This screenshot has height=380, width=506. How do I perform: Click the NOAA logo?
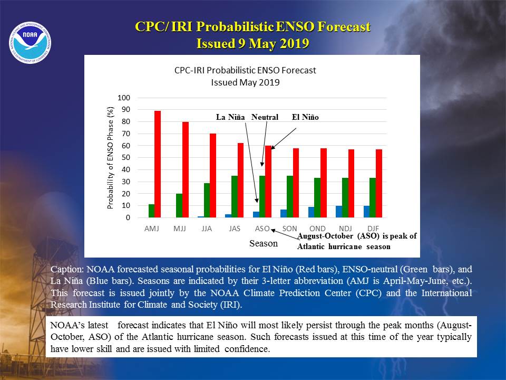coord(30,43)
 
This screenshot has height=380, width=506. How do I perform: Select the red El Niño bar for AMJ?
coord(158,164)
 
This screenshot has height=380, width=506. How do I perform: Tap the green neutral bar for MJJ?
coord(179,205)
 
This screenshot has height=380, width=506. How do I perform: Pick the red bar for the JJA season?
coord(213,175)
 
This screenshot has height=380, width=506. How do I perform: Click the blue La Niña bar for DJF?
coord(367,212)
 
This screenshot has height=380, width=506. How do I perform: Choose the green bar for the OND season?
coord(317,198)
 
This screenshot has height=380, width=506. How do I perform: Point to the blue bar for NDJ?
coord(339,212)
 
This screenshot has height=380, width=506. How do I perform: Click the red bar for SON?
coord(296,183)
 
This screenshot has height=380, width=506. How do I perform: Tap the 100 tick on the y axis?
coord(124,98)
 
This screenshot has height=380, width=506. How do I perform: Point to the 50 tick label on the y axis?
coord(126,158)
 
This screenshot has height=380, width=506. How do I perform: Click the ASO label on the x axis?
coord(262,229)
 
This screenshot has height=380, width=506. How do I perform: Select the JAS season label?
coord(235,229)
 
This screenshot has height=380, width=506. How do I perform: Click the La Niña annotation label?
coord(230,117)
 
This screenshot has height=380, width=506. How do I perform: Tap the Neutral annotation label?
coord(265,117)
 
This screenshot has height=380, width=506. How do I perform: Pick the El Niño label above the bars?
coord(305,117)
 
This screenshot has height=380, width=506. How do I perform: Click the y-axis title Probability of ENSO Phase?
coord(110,158)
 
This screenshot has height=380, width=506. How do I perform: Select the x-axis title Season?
coord(264,243)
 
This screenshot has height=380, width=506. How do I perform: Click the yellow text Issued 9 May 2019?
coord(252,43)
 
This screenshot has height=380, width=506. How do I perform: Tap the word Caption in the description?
coord(67,270)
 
